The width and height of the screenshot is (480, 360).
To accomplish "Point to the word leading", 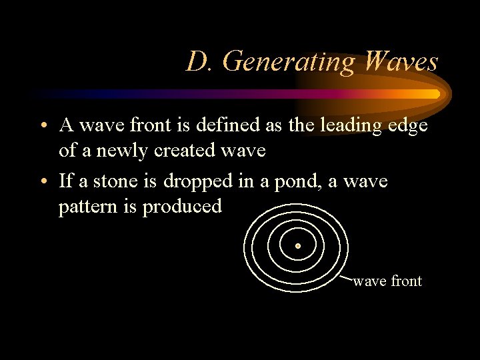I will tap(364, 127).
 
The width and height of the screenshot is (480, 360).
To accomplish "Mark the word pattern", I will tap(87, 207).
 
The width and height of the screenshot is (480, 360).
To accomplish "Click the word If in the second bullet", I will tap(66, 181).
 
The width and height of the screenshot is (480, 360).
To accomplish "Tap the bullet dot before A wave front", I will tap(42, 126).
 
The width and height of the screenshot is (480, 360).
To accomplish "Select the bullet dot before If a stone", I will tap(42, 182).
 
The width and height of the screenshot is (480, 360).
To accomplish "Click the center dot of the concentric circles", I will tap(298, 246).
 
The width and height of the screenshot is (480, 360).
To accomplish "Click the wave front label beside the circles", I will tap(387, 281).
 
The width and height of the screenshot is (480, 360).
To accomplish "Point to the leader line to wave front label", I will tap(345, 276).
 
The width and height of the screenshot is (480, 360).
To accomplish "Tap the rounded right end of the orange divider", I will tap(437, 94).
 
